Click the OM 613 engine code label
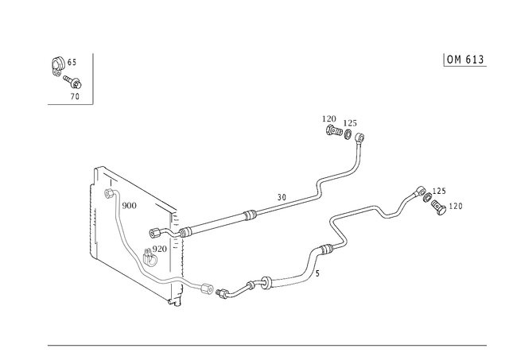pyautogui.click(x=465, y=60)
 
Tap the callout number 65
pyautogui.click(x=72, y=62)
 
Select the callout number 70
pyautogui.click(x=75, y=96)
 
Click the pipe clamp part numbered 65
pyautogui.click(x=58, y=66)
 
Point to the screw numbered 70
pyautogui.click(x=72, y=82)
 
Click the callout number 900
pyautogui.click(x=129, y=206)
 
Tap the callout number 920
pyautogui.click(x=159, y=249)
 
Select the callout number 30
pyautogui.click(x=282, y=197)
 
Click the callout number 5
pyautogui.click(x=317, y=273)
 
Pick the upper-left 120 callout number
pyautogui.click(x=328, y=118)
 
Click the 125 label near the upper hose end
pyautogui.click(x=350, y=123)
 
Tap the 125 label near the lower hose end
pyautogui.click(x=439, y=191)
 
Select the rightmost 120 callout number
pyautogui.click(x=456, y=206)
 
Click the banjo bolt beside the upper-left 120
pyautogui.click(x=334, y=131)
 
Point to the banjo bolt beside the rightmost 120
pyautogui.click(x=438, y=207)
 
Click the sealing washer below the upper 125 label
pyautogui.click(x=348, y=134)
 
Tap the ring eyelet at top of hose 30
pyautogui.click(x=359, y=137)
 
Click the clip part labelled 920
pyautogui.click(x=150, y=257)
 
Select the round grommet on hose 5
pyautogui.click(x=266, y=283)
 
